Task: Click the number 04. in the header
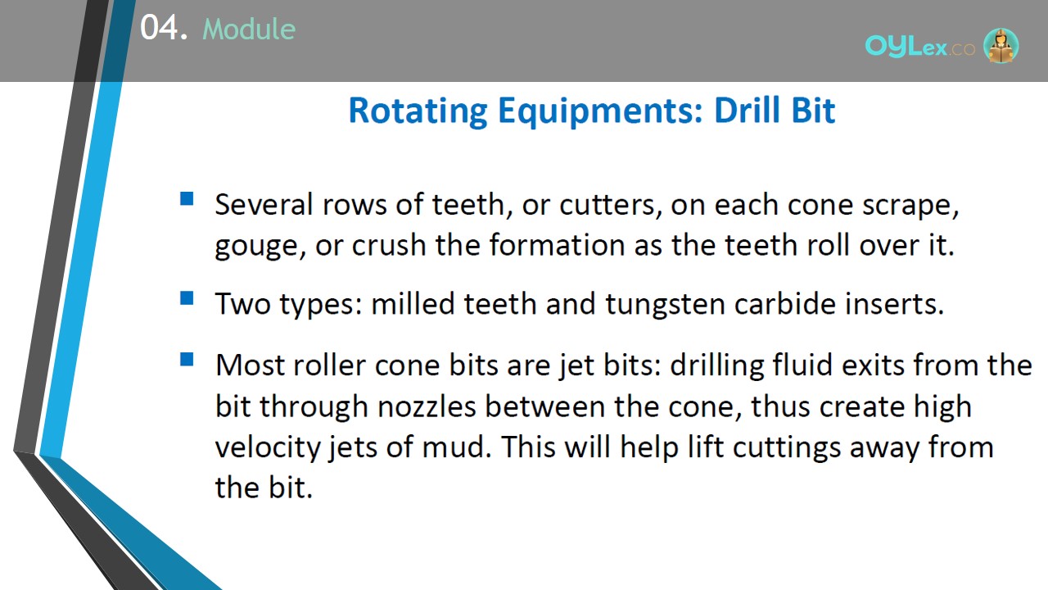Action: (x=164, y=28)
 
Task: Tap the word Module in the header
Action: (x=249, y=29)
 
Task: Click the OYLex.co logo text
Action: (x=919, y=47)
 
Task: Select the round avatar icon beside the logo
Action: (x=1001, y=45)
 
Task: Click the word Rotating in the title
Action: (x=418, y=111)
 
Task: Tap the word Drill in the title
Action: (x=748, y=110)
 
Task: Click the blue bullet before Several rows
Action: (x=187, y=198)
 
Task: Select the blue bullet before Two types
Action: (x=187, y=297)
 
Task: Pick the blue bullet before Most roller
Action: (x=187, y=359)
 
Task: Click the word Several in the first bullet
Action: (x=264, y=205)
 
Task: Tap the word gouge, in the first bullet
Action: (x=260, y=247)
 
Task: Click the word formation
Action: (x=558, y=245)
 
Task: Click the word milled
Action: (x=413, y=303)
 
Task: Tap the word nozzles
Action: (x=427, y=406)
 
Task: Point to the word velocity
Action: (x=267, y=447)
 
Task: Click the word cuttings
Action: (x=786, y=448)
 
